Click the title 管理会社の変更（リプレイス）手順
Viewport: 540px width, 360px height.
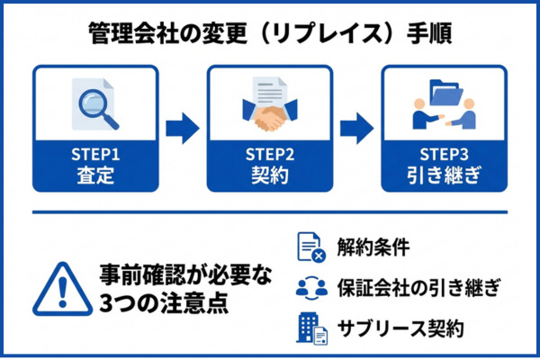coord(270,33)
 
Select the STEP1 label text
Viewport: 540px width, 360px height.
coord(95,152)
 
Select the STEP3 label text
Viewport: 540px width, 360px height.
coord(445,152)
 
